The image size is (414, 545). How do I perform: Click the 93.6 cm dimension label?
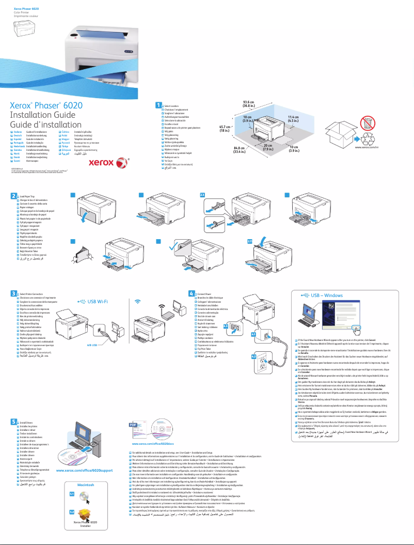pos(249,104)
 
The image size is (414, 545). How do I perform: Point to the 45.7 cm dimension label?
pos(225,129)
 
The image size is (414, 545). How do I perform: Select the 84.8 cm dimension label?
pos(239,150)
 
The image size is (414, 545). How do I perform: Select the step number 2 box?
pos(14,196)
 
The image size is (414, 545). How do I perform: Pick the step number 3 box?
pos(14,293)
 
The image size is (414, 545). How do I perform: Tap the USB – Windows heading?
pos(326,295)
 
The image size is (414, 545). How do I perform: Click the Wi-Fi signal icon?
pos(137,301)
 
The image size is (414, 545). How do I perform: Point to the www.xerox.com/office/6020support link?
pos(84,471)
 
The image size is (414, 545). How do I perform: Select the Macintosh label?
pos(85,486)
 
